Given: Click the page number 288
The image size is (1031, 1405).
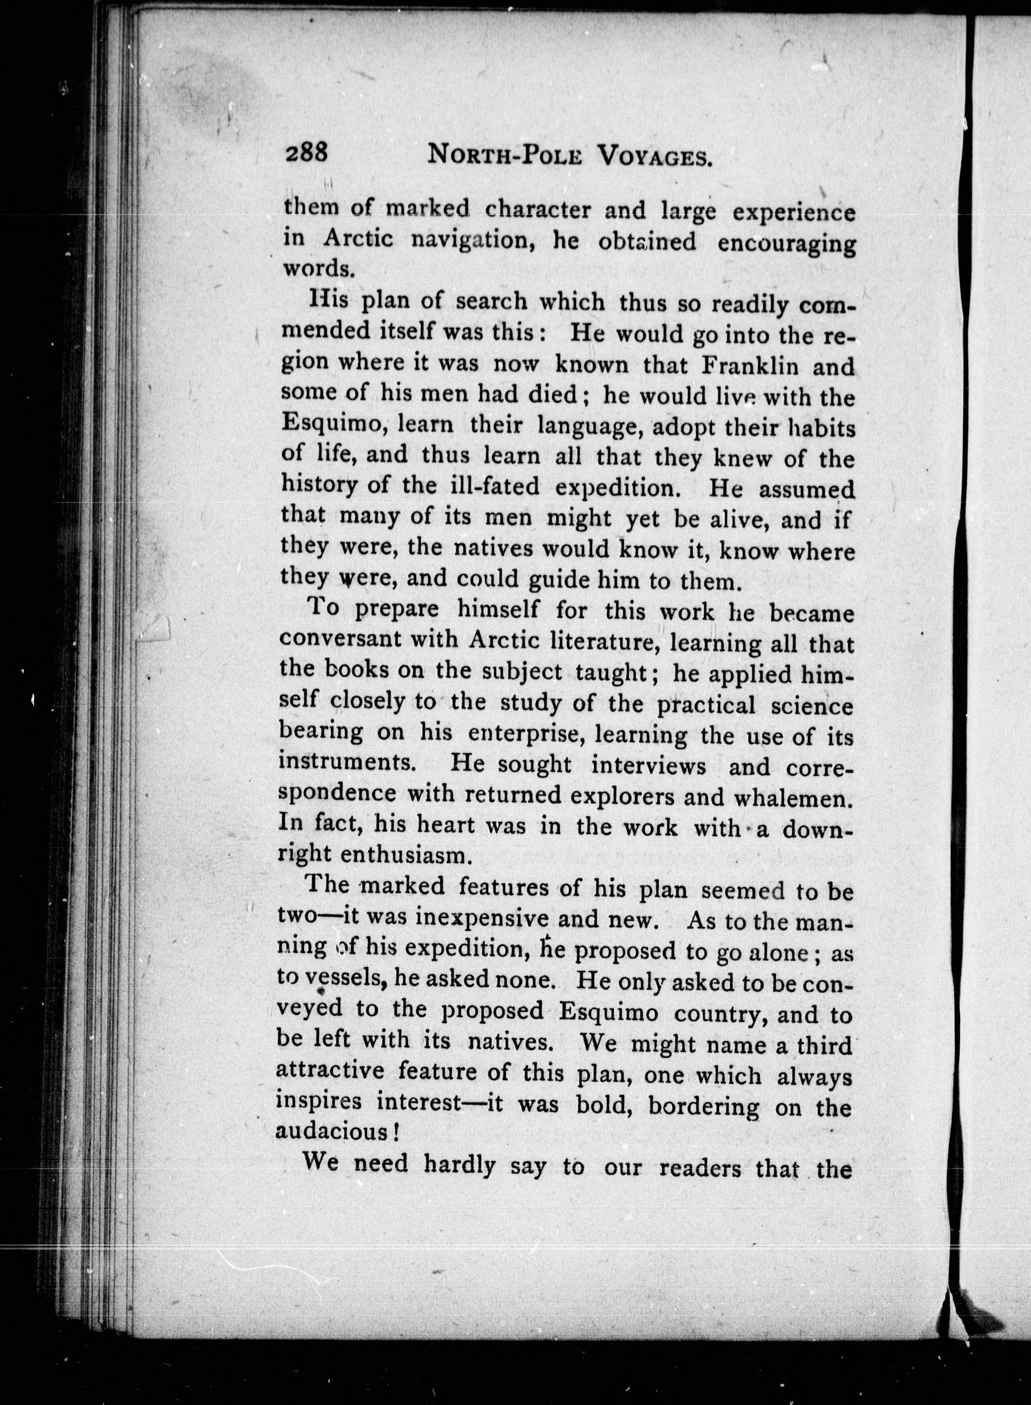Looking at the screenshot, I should point(306,152).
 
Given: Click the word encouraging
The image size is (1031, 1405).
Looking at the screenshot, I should point(786,242).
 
